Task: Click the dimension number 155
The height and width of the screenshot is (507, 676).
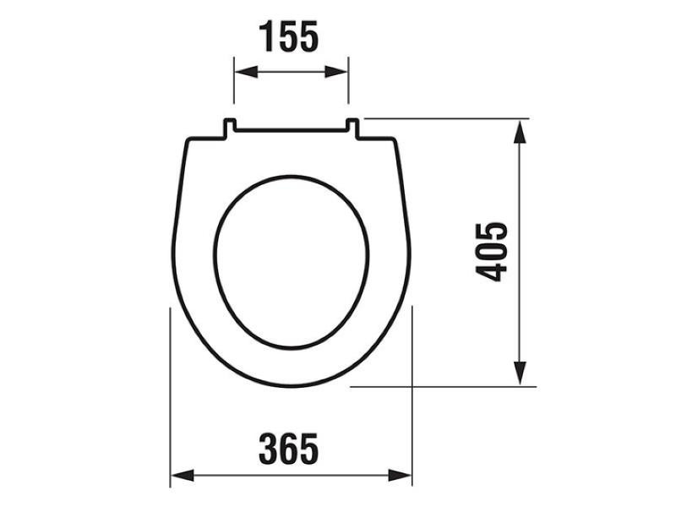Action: pos(288,36)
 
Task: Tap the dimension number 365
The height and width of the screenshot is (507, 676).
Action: pos(288,449)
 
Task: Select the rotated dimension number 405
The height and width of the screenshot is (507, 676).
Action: pos(491,252)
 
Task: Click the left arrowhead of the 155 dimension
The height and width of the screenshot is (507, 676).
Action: pos(246,72)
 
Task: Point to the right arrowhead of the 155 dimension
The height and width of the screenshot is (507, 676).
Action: pos(336,72)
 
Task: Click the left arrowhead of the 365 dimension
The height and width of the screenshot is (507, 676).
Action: pos(183,476)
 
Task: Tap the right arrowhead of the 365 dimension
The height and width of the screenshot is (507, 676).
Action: pos(400,476)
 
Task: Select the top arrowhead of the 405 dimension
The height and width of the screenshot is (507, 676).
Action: pos(521,131)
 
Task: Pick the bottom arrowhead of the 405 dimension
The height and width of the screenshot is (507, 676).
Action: pos(521,373)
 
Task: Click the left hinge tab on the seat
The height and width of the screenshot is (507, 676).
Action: pos(229,128)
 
